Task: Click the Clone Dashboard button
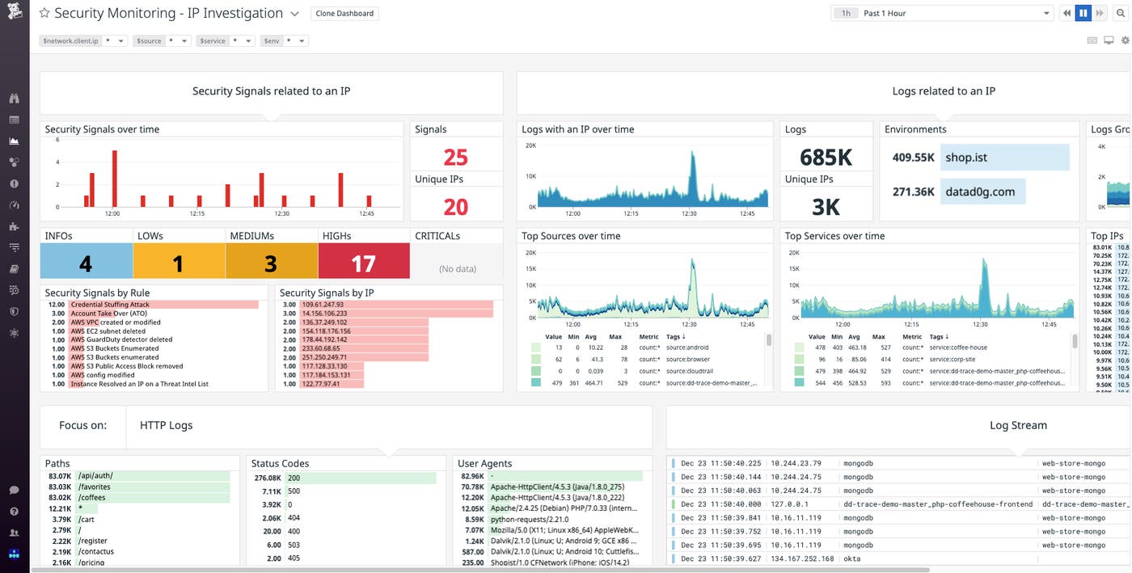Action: pyautogui.click(x=344, y=14)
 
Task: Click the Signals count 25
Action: pyautogui.click(x=455, y=157)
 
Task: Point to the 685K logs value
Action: pyautogui.click(x=826, y=157)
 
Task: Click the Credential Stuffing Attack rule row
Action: pyautogui.click(x=110, y=305)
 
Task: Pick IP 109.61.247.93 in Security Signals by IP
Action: pyautogui.click(x=323, y=305)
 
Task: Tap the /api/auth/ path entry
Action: pyautogui.click(x=95, y=476)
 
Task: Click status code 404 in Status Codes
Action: pyautogui.click(x=294, y=517)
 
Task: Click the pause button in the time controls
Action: pyautogui.click(x=1083, y=13)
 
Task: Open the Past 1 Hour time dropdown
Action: pyautogui.click(x=953, y=13)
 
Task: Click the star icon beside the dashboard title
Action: pyautogui.click(x=44, y=14)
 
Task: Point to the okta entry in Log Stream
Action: pyautogui.click(x=852, y=558)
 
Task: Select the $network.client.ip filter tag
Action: pyautogui.click(x=71, y=40)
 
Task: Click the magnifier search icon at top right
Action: pyautogui.click(x=1121, y=13)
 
